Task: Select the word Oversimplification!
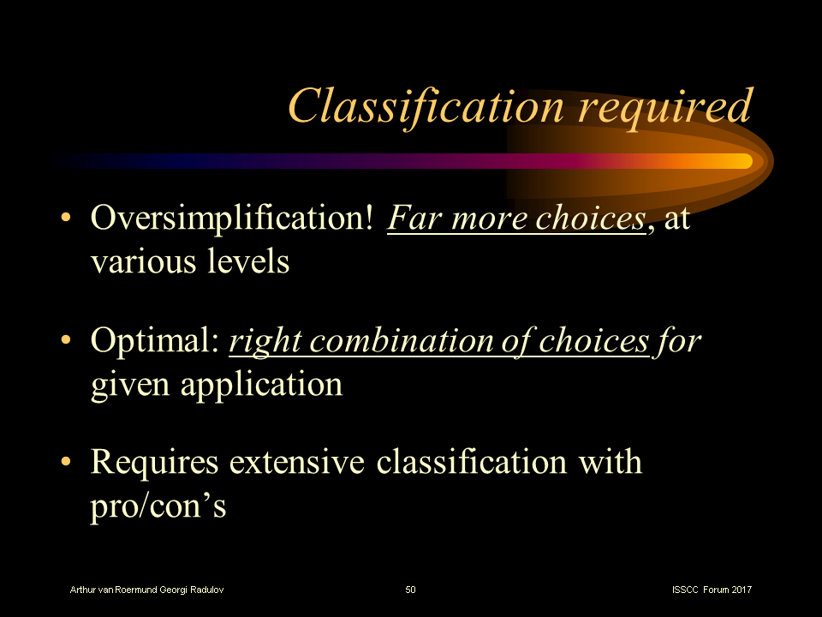point(232,220)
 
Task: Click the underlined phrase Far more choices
point(515,220)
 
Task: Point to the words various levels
point(190,261)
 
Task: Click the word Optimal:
point(156,342)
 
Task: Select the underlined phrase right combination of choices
point(439,342)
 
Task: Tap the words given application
point(217,383)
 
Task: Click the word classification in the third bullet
point(472,463)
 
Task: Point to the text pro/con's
point(158,506)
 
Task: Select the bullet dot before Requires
point(67,464)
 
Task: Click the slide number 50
point(411,590)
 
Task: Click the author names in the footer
point(147,590)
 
